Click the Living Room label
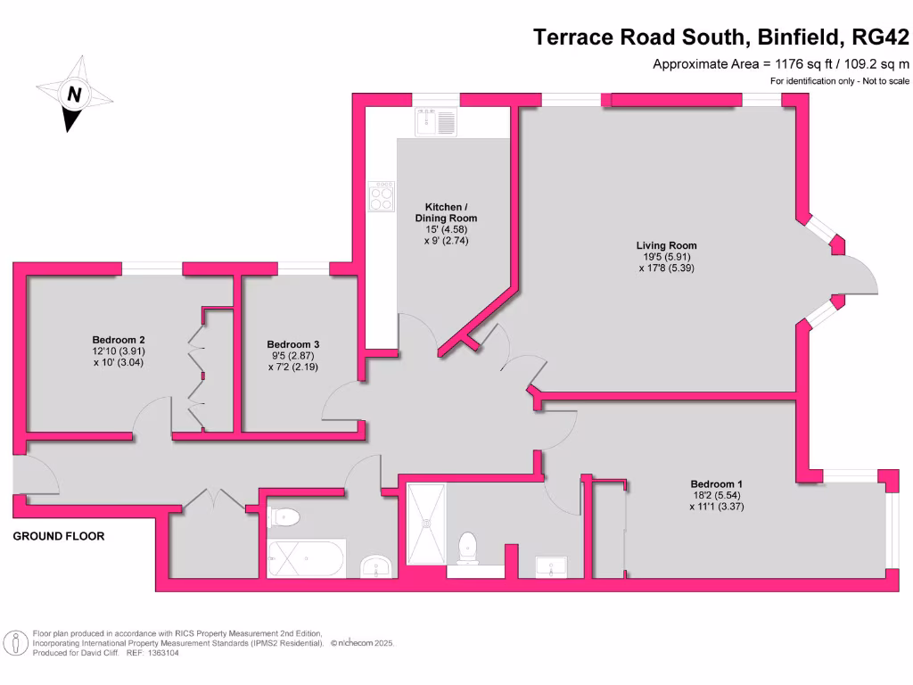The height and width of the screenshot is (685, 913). point(666,245)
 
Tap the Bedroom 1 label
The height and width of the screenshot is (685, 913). point(716,484)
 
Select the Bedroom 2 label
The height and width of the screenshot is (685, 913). point(119,340)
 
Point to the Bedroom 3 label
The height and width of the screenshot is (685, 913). point(293,344)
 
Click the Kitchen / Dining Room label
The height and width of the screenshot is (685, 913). point(446,212)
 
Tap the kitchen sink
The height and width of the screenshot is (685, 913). point(435,120)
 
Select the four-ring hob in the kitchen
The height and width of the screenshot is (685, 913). point(382,196)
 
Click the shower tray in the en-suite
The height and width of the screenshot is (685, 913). point(426,524)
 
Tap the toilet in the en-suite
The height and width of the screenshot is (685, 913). point(466,548)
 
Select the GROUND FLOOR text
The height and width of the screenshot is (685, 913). point(59,536)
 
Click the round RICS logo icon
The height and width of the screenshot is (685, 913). point(14,642)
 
